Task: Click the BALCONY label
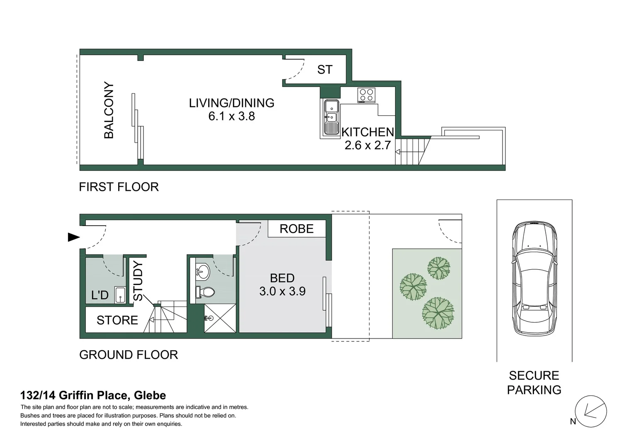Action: (x=109, y=110)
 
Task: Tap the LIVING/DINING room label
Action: (x=231, y=103)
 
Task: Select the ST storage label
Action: (x=325, y=69)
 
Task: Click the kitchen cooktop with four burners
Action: (x=367, y=95)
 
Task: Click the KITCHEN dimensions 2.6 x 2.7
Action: (x=368, y=145)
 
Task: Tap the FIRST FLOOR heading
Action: (x=119, y=187)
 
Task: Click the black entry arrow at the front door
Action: (x=73, y=237)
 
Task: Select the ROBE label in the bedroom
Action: (x=296, y=229)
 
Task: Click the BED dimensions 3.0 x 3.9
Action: (x=282, y=291)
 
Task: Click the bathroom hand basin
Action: (x=203, y=272)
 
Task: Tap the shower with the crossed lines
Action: (x=220, y=318)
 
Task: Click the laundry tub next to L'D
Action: (x=120, y=295)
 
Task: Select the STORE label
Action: (x=117, y=320)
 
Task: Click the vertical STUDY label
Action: (x=138, y=281)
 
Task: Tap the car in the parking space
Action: (x=534, y=279)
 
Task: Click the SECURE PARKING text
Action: (x=534, y=382)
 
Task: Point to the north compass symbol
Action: (x=591, y=411)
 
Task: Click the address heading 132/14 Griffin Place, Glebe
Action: (x=93, y=395)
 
